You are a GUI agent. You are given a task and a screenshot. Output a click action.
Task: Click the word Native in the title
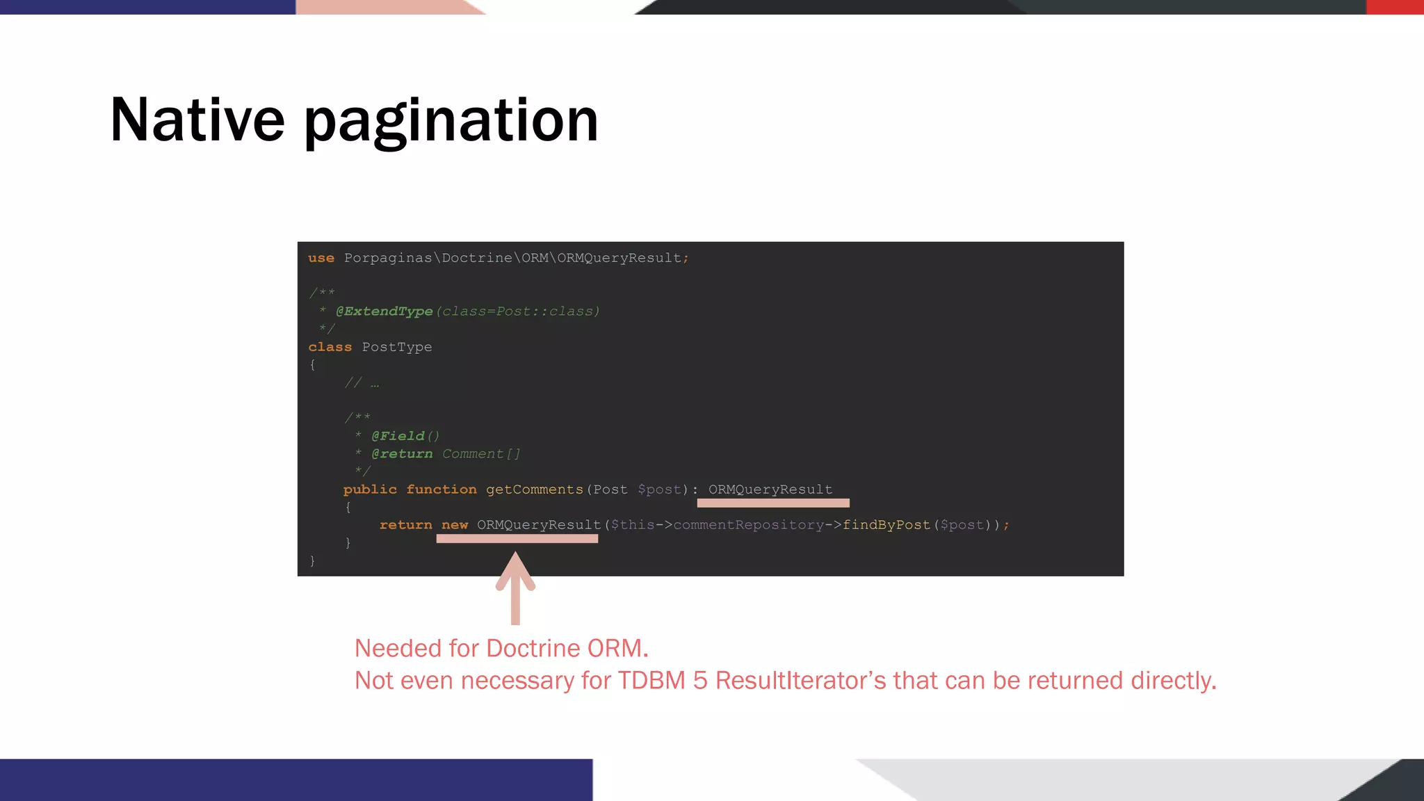tap(197, 120)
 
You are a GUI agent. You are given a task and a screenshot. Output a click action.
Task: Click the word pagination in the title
tap(451, 122)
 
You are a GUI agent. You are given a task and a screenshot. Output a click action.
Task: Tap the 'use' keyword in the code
tap(321, 258)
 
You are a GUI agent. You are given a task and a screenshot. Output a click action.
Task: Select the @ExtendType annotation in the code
tap(384, 311)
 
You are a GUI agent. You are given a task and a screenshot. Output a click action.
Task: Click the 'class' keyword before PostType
tap(330, 347)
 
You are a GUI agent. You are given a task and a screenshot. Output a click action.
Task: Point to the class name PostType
tap(396, 347)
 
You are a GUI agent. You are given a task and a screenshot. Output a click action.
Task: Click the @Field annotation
tap(398, 436)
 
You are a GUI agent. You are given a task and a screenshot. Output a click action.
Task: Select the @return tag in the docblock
tap(402, 454)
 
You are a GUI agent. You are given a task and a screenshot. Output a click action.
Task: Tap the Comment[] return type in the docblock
tap(481, 454)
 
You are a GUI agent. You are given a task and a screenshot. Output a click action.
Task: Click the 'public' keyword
tap(370, 489)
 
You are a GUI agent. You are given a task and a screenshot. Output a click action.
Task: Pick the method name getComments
tap(535, 489)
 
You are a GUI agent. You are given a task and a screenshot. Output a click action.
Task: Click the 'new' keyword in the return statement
tap(455, 525)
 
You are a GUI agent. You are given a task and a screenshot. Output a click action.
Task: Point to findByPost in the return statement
tap(887, 525)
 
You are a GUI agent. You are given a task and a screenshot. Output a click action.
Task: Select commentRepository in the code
tap(749, 525)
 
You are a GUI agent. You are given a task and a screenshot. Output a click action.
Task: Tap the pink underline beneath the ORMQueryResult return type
tap(773, 503)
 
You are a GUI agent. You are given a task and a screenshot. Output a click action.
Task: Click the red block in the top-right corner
tap(1395, 7)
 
